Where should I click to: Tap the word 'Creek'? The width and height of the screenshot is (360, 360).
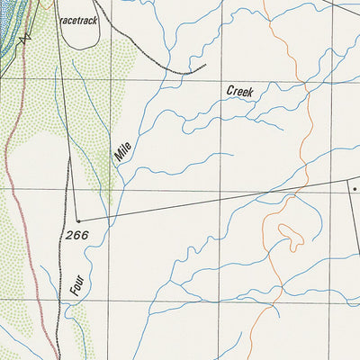point(240,91)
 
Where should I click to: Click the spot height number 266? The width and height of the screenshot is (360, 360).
point(76,236)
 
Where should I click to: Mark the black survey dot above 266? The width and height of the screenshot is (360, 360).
point(78,220)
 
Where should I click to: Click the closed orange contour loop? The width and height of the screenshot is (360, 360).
point(289,236)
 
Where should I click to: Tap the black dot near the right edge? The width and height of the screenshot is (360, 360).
point(355,189)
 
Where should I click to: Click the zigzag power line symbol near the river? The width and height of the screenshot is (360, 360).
point(26,37)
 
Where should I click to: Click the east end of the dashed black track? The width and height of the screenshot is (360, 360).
point(204,66)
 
